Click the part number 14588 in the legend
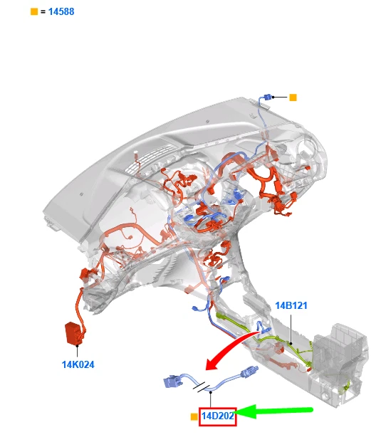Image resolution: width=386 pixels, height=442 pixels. point(61,11)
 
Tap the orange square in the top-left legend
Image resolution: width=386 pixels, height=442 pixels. point(34,11)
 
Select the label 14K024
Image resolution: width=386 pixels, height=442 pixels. point(78,364)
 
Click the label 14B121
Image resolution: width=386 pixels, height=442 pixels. point(291,305)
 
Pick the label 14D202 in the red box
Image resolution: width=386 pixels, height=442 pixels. point(218,416)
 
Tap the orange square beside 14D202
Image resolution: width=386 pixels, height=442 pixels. point(194,416)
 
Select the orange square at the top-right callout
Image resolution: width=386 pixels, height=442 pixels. point(293,98)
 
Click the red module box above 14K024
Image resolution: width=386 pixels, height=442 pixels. point(73,333)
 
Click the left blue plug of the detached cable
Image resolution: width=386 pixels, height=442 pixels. point(172,382)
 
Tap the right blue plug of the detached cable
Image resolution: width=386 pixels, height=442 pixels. point(249,372)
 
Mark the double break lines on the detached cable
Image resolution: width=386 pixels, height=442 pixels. point(202,387)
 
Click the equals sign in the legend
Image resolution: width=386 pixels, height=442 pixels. point(43,12)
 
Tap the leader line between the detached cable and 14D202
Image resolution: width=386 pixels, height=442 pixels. point(210,400)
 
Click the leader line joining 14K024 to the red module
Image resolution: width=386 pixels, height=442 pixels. point(77,351)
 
